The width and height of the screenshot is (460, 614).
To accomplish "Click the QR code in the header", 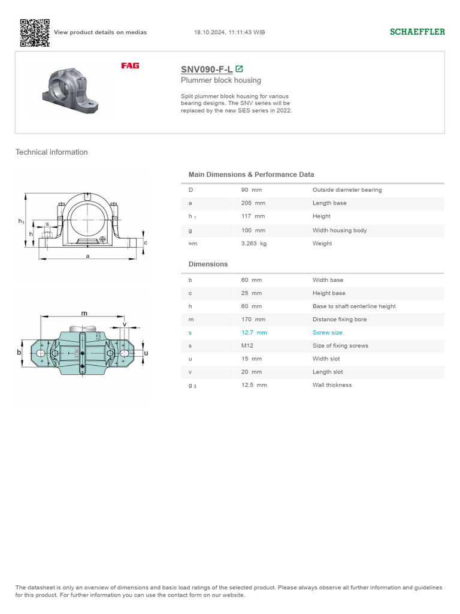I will [x=34, y=32].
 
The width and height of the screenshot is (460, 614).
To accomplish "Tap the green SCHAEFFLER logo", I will [x=417, y=32].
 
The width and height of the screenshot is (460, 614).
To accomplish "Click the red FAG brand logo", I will [x=130, y=65].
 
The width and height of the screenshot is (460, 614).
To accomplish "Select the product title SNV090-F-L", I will [x=207, y=69].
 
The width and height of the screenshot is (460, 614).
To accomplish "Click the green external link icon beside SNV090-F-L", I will [x=240, y=69].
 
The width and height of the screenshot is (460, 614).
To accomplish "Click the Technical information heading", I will [x=52, y=152].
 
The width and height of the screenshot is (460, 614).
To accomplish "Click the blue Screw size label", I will [x=328, y=333].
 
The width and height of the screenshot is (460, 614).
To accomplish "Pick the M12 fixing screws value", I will [x=246, y=346].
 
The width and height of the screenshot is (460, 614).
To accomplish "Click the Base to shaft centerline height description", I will [x=354, y=306].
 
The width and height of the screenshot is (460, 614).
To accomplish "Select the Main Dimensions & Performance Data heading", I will [x=251, y=174].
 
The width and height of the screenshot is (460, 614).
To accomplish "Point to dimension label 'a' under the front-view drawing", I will [x=88, y=256].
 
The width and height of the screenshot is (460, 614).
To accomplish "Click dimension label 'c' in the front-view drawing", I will [x=146, y=242].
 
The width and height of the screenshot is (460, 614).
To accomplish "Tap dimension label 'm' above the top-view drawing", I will [x=84, y=313].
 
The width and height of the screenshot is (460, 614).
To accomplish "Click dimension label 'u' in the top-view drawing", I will [x=146, y=354].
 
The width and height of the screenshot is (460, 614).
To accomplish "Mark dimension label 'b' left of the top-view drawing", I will [x=19, y=353].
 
